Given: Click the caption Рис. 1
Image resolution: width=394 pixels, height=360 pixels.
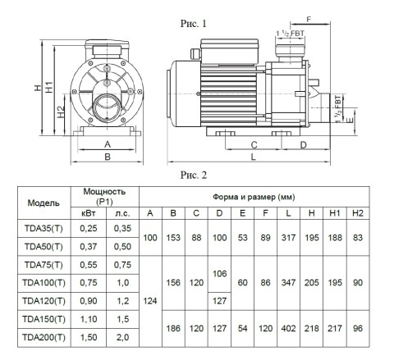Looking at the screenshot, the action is click(x=193, y=24).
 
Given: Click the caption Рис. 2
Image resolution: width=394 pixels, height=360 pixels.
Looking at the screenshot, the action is click(x=194, y=175).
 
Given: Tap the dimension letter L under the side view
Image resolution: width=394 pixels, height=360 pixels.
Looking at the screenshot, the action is click(x=253, y=157).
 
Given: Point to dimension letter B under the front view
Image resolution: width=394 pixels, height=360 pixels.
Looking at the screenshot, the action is click(x=108, y=157).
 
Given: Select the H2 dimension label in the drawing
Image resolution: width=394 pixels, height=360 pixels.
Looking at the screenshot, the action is click(x=61, y=112).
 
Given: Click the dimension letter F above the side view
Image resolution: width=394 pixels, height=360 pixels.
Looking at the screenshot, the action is click(x=309, y=20).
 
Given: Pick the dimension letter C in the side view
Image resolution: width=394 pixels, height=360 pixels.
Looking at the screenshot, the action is click(x=254, y=145).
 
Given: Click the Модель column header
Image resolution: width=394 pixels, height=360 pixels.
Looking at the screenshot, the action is click(x=44, y=203).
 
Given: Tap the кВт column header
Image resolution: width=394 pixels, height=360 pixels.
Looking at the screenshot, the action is click(x=89, y=213).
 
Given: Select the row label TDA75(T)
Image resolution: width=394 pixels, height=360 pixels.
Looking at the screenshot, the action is click(x=44, y=265).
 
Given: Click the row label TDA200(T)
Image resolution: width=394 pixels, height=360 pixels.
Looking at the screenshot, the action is click(x=44, y=337).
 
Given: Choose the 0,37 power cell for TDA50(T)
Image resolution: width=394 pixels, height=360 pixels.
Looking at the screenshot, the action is click(x=89, y=247).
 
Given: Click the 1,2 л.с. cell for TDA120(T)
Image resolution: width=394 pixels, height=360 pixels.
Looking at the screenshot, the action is click(x=122, y=301).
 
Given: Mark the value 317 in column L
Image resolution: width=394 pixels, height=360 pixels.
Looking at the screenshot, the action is click(x=288, y=238).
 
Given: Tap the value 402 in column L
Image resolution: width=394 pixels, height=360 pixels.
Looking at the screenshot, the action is click(x=288, y=328).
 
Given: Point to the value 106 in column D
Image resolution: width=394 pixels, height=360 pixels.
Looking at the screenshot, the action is click(x=219, y=274).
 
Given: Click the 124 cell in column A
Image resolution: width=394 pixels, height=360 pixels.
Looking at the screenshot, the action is click(x=150, y=301).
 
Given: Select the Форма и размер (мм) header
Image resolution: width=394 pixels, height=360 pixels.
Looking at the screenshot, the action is click(x=254, y=197).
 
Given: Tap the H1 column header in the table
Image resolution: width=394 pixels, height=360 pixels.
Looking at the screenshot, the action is click(x=335, y=213).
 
